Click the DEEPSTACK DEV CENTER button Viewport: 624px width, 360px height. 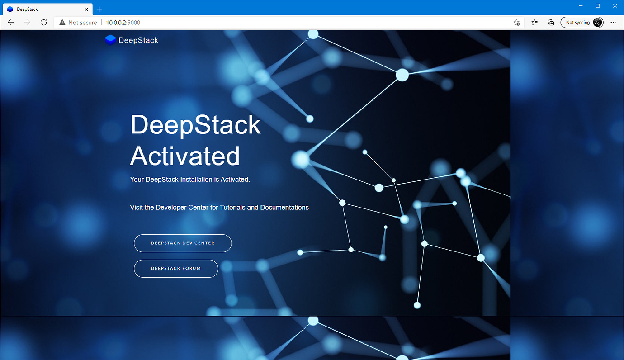[x=183, y=243]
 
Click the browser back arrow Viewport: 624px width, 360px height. [x=11, y=23]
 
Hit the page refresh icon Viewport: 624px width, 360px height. [x=43, y=23]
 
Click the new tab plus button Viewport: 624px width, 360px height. [x=99, y=9]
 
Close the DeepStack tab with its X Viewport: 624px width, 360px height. [x=86, y=9]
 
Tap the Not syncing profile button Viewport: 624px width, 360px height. [x=581, y=23]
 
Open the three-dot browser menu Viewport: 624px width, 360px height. [x=613, y=23]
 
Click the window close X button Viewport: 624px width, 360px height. [x=614, y=5]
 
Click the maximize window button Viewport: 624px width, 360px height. [x=598, y=5]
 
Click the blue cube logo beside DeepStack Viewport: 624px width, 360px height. [x=110, y=40]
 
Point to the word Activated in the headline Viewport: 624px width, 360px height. [x=185, y=156]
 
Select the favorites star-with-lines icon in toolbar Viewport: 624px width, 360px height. [x=534, y=23]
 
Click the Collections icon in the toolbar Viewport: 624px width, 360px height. [x=551, y=23]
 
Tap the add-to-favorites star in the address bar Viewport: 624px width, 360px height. [x=516, y=23]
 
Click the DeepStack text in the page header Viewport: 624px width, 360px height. [x=138, y=40]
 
